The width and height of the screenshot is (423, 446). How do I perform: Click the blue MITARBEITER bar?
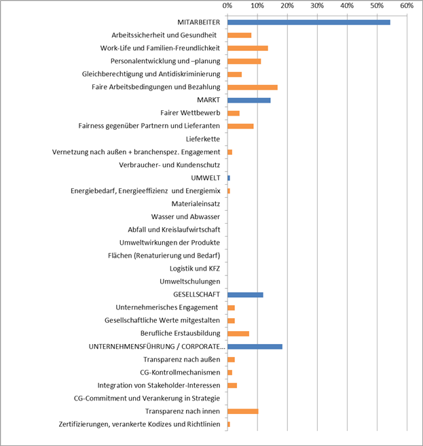point(309,22)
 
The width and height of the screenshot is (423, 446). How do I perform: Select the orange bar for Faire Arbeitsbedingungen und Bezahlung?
point(253,87)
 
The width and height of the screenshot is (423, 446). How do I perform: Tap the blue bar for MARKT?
point(249,100)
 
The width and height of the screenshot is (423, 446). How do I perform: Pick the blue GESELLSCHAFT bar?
point(245,294)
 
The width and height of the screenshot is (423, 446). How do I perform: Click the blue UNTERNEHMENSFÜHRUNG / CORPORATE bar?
point(255,347)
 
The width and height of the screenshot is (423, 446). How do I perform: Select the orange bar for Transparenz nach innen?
point(243,411)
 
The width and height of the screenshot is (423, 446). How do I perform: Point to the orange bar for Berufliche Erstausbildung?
point(238,333)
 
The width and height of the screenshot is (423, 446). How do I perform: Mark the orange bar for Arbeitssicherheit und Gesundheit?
point(240,35)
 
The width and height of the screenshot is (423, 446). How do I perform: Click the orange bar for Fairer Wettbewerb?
point(234,113)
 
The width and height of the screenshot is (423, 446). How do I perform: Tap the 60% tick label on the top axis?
point(407,6)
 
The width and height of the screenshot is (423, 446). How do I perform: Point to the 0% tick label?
point(227,6)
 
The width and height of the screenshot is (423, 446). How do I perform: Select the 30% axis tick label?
point(317,6)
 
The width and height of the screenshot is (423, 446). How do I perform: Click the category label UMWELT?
point(206,177)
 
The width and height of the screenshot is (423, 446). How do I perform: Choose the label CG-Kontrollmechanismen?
point(180,373)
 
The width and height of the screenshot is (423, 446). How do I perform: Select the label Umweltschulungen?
point(189,281)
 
